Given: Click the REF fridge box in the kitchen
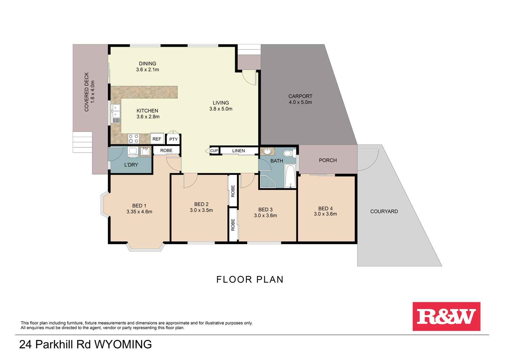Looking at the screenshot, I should click(157, 139).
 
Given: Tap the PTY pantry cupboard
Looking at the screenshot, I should click(173, 139).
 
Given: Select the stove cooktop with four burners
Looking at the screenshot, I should click(133, 138).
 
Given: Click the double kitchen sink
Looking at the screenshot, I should click(116, 111).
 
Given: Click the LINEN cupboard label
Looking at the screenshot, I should click(239, 151).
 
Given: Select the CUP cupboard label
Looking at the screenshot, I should click(214, 151).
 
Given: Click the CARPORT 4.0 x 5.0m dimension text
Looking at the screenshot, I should click(300, 102).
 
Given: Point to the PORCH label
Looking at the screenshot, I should click(327, 160).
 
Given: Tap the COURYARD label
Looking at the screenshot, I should click(384, 211).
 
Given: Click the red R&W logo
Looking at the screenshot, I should click(446, 316).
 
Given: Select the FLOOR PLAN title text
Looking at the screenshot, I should click(250, 279).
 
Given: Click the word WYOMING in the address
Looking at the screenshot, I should click(123, 344).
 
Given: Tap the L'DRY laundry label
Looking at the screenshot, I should click(131, 165).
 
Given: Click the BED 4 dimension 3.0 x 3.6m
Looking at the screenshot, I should click(325, 214).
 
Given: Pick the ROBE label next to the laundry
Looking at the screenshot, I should click(166, 150).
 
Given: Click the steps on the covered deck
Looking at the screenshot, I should click(82, 142).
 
